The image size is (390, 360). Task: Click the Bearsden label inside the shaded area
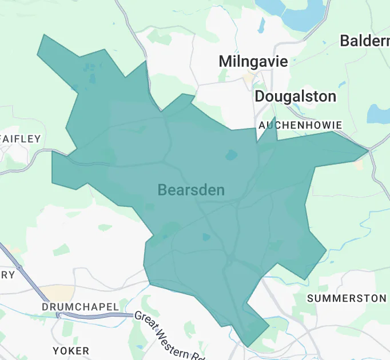point(191,190)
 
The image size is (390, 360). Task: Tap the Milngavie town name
point(253,61)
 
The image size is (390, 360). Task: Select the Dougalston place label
point(295,96)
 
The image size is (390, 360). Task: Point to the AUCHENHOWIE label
point(300,125)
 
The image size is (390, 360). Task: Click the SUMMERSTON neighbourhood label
point(347,298)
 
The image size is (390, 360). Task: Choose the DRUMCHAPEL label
point(79,307)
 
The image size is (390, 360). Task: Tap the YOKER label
point(71,350)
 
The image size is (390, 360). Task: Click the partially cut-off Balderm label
point(364,41)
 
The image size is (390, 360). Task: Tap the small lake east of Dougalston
point(377,114)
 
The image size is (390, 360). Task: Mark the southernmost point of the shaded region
point(247,346)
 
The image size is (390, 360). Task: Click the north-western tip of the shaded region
point(42,35)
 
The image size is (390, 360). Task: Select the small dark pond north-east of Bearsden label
point(231,155)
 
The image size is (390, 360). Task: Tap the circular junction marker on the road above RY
point(19,267)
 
